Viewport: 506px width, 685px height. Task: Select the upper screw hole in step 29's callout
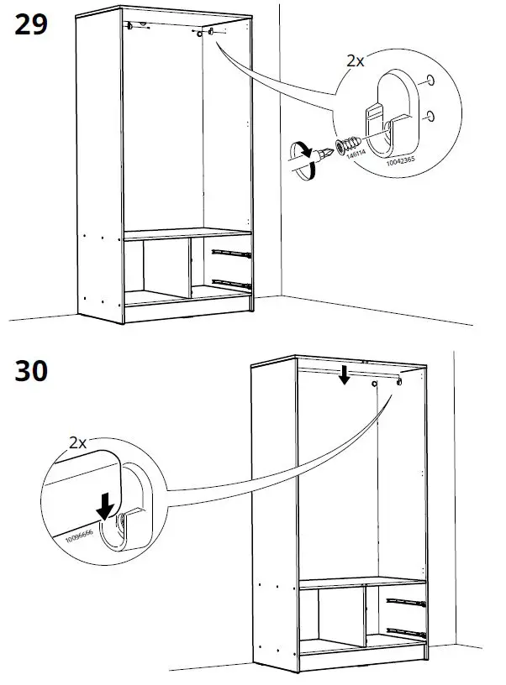[x=430, y=81]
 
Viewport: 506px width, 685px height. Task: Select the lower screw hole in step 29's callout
[x=430, y=114]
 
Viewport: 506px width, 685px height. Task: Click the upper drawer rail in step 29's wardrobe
[x=230, y=250]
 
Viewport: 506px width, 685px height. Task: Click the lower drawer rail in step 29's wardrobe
[x=230, y=282]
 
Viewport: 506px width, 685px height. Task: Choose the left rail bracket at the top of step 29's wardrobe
[x=133, y=27]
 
